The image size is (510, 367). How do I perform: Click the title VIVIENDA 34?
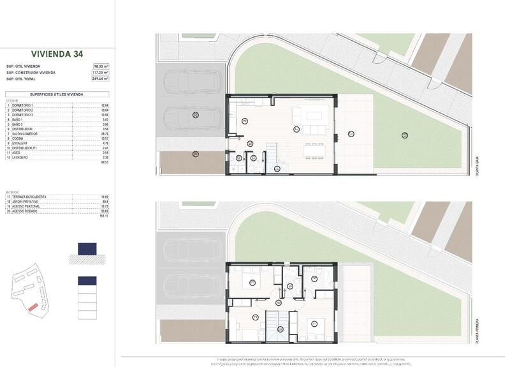pyautogui.click(x=57, y=54)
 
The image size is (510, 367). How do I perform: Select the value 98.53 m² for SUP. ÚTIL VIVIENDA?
pyautogui.click(x=101, y=66)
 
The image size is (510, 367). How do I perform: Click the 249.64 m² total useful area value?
pyautogui.click(x=101, y=79)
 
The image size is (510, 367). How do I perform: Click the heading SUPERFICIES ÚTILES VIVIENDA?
pyautogui.click(x=57, y=93)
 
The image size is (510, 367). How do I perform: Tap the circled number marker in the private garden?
pyautogui.click(x=404, y=134)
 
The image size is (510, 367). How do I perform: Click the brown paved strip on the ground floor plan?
pyautogui.click(x=188, y=163)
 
